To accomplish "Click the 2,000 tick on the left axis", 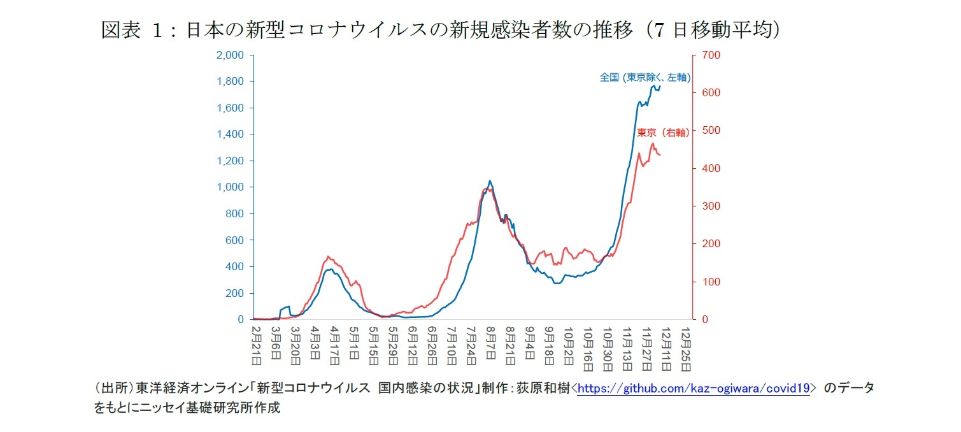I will pos(230,55).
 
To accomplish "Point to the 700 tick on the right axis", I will pos(711,55).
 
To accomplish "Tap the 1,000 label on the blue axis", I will pos(230,187).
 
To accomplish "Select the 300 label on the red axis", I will pos(711,206).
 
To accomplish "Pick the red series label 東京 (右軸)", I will pos(663,133).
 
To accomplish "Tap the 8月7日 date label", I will pos(490,346).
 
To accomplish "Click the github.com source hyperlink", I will pos(693,388).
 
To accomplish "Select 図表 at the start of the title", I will pos(120,30).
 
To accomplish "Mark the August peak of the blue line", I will pos(489,181).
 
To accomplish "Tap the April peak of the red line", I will pos(329,257).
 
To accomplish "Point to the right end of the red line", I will pos(660,155).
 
